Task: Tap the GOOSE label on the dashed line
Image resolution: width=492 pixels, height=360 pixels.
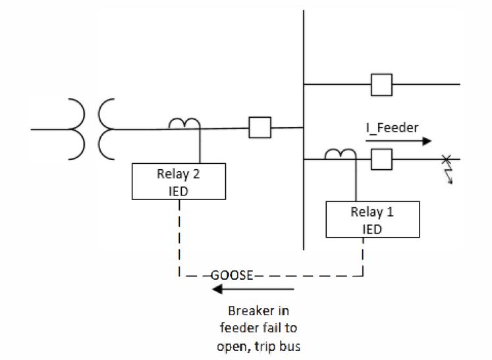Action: [232, 276]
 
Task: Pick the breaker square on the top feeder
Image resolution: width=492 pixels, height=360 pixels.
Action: [382, 85]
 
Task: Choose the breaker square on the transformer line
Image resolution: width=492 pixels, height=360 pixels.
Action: [260, 128]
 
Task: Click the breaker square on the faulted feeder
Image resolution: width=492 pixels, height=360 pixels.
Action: [382, 159]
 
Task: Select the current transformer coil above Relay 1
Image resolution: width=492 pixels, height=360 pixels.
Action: [341, 154]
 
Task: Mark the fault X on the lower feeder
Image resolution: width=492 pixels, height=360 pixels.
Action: [446, 159]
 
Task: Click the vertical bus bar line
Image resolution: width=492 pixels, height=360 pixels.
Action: [303, 197]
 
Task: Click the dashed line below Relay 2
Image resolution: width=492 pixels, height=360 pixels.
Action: [178, 237]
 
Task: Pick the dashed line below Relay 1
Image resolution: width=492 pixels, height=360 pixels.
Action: [362, 257]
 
